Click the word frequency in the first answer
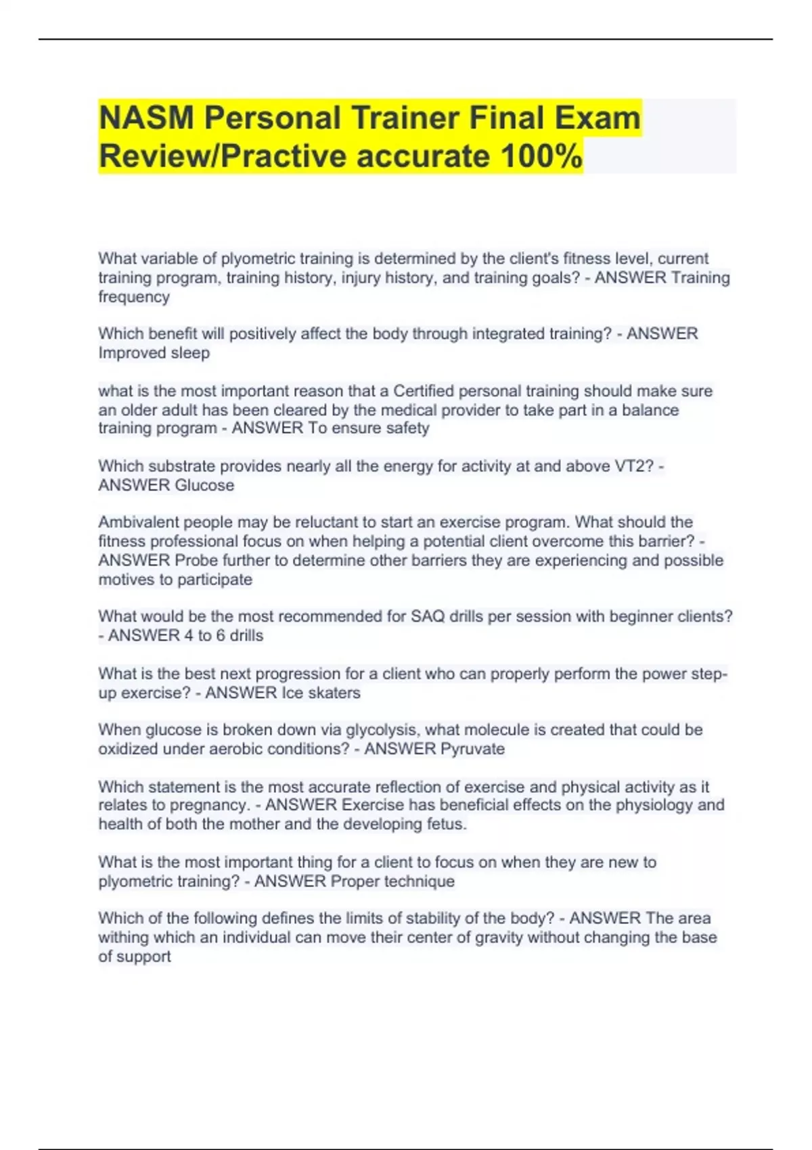(134, 296)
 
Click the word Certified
(424, 391)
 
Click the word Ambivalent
(139, 522)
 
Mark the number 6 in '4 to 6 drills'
(221, 635)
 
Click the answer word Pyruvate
(472, 749)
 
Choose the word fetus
(447, 824)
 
